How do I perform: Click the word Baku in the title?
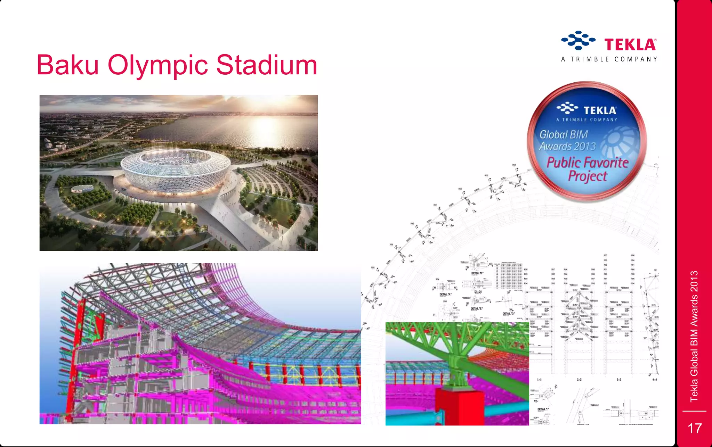[x=68, y=65]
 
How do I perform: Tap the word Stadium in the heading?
[x=267, y=65]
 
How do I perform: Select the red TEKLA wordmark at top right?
[x=630, y=44]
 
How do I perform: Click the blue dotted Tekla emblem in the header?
[x=578, y=40]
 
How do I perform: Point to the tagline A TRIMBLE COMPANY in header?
[x=609, y=59]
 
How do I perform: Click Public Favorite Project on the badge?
[x=587, y=169]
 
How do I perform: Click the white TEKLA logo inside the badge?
[x=587, y=110]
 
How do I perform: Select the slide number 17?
[x=695, y=428]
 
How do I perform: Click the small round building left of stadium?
[x=82, y=189]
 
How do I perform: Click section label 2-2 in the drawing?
[x=579, y=380]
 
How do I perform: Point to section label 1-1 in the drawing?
[x=539, y=380]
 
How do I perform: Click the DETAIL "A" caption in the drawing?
[x=445, y=295]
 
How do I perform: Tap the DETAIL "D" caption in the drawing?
[x=477, y=273]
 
